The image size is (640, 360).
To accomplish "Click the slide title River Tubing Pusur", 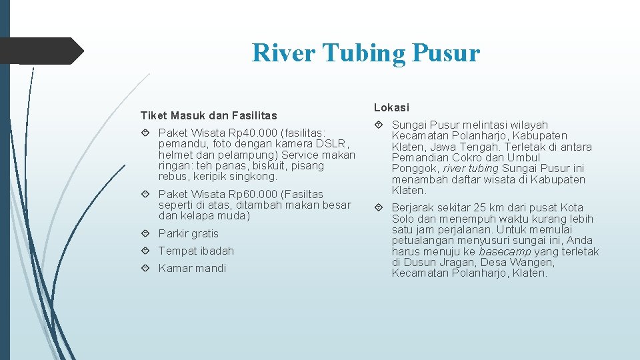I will coord(365,53).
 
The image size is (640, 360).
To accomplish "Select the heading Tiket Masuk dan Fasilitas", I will coord(209,116).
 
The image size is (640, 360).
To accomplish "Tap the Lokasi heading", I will coord(391,107).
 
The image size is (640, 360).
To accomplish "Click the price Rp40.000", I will coord(241,133).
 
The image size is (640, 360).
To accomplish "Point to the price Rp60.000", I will coord(241,194).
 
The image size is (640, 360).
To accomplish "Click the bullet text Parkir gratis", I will coord(189,233).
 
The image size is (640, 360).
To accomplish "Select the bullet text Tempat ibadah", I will coord(196,251).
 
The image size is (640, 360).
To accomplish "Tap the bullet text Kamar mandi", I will coord(192,268).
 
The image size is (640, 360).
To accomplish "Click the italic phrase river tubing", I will coord(471,169).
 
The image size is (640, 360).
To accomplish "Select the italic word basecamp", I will coord(504,251).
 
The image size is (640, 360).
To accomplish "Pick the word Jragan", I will coord(454,262).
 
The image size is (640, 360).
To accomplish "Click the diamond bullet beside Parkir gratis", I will coord(146,233).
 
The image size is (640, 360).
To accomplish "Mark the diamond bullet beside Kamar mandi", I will coord(146,268).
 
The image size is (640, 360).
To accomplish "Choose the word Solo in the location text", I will coord(403,219).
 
